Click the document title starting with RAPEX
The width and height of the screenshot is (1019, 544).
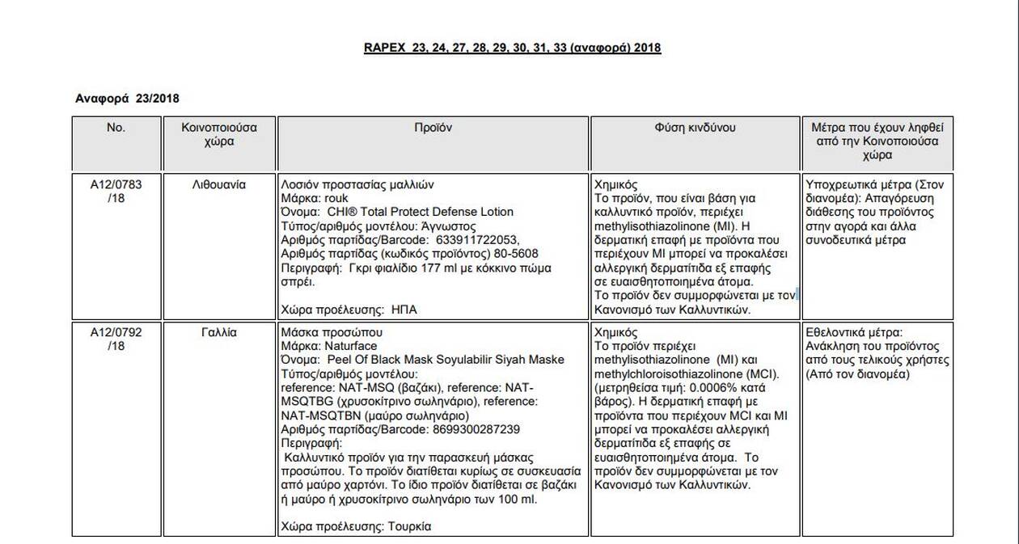[512, 48]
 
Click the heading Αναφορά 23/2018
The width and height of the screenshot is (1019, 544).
[126, 98]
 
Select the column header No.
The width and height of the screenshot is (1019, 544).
[116, 128]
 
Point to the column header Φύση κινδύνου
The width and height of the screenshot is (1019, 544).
[695, 128]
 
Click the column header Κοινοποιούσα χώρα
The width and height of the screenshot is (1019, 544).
[219, 134]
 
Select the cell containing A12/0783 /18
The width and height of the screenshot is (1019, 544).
[116, 191]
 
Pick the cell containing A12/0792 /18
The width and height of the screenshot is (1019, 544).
[116, 339]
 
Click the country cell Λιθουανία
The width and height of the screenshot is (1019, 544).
[219, 184]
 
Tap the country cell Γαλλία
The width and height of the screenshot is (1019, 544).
[219, 332]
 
